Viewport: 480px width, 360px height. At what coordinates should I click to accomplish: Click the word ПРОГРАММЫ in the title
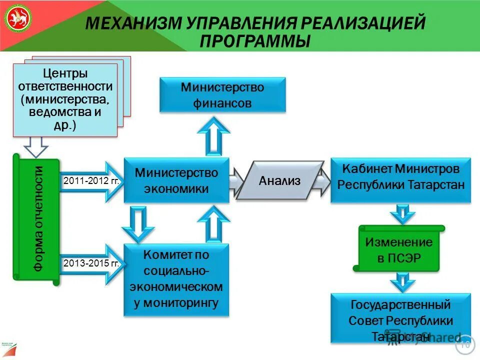[x=255, y=41]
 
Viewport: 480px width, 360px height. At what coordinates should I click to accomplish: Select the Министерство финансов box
[x=222, y=95]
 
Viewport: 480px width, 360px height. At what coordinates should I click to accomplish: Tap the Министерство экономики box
[x=176, y=180]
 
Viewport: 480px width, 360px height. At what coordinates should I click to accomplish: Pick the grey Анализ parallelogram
[x=280, y=180]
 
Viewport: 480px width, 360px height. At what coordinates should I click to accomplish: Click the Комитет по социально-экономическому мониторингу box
[x=176, y=279]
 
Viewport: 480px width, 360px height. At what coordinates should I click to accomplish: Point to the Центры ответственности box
[x=65, y=100]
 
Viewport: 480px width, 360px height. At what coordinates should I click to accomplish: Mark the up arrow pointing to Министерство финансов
[x=213, y=135]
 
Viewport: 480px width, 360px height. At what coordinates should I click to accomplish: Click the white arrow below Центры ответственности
[x=35, y=146]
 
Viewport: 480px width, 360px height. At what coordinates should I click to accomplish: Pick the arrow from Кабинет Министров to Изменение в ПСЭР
[x=400, y=213]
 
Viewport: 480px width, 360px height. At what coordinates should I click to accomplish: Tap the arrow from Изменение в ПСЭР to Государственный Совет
[x=400, y=282]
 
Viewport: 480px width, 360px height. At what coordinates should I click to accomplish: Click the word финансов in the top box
[x=222, y=103]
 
